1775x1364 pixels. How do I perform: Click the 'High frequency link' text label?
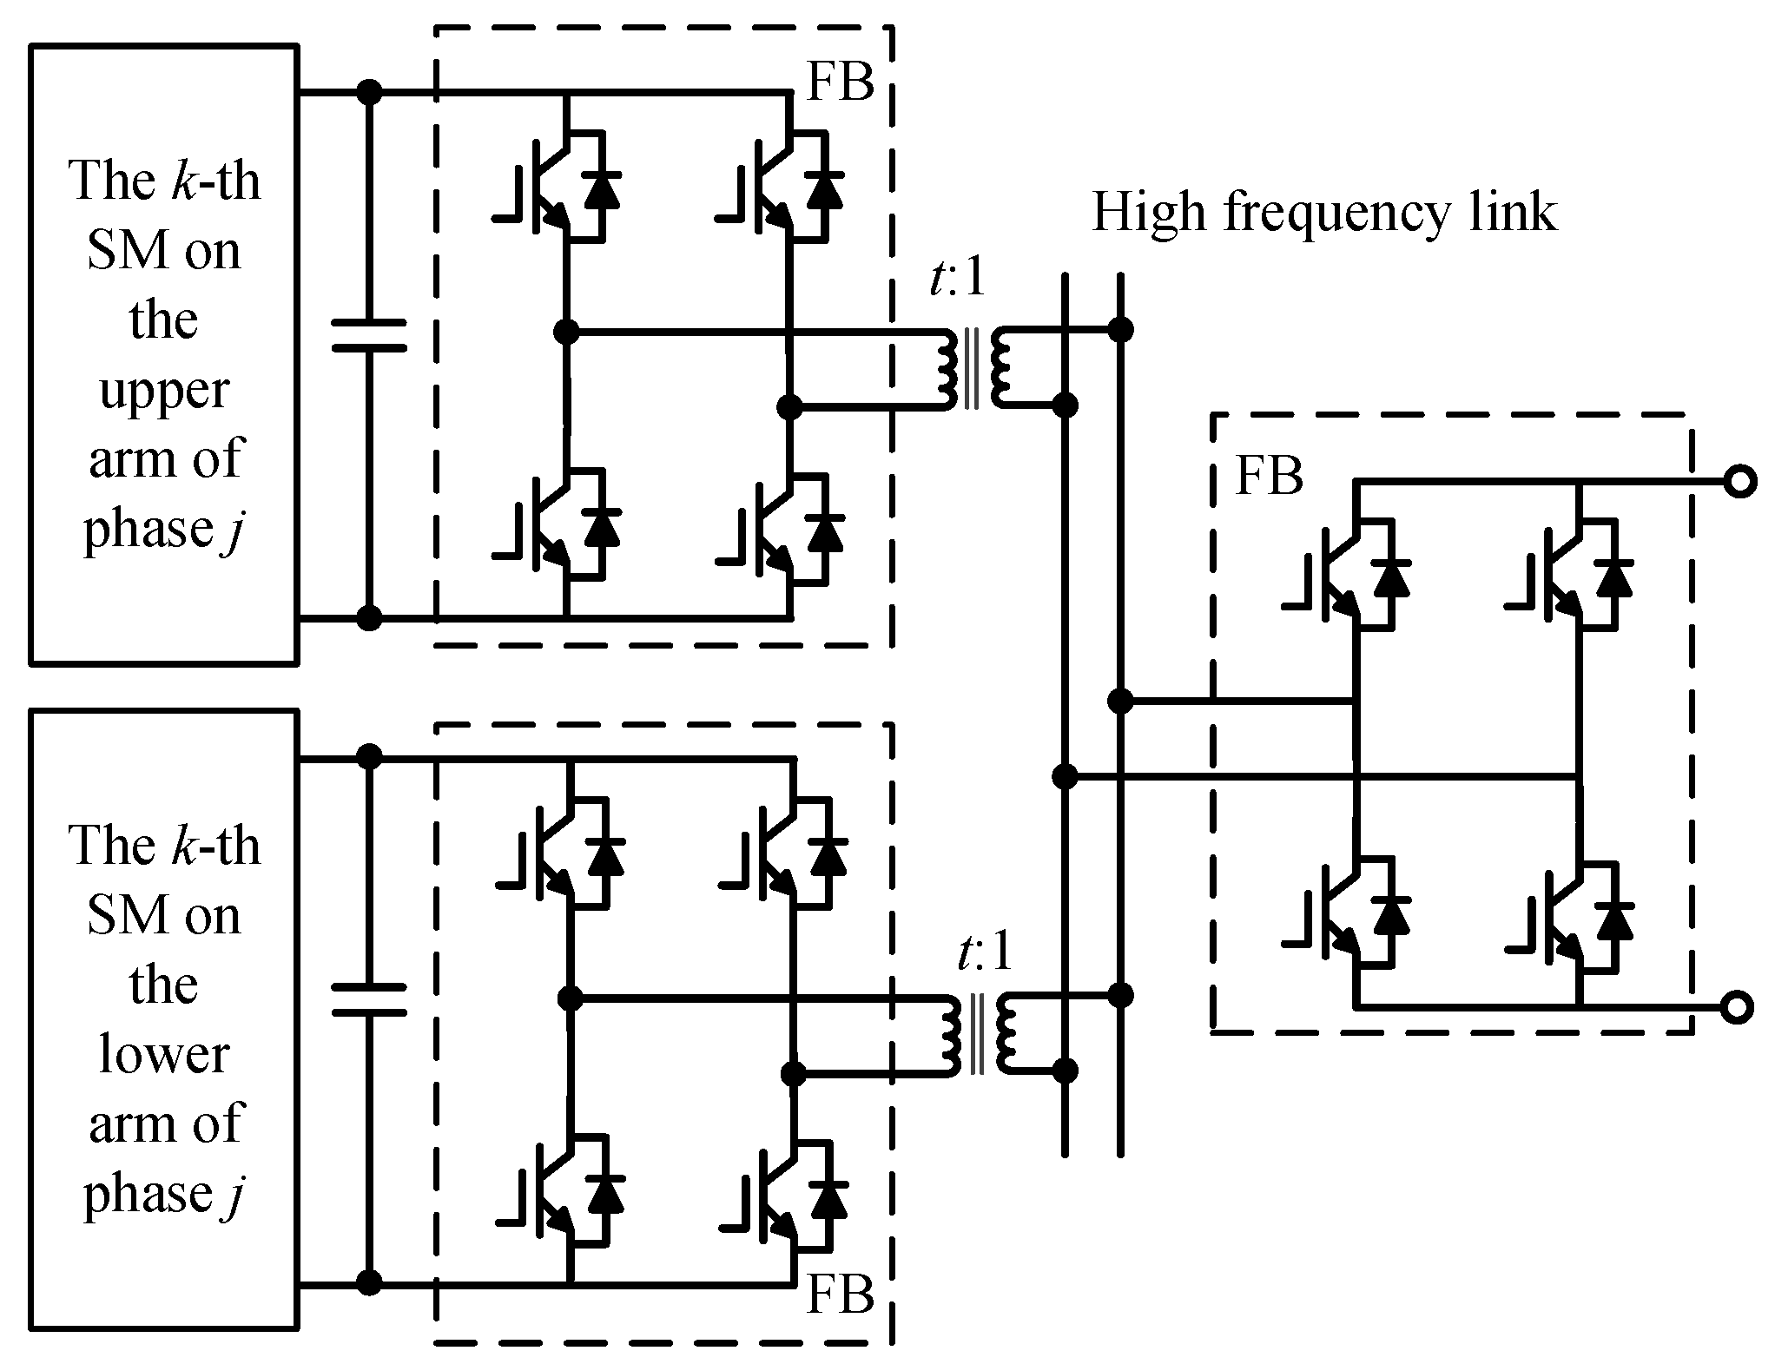1323,214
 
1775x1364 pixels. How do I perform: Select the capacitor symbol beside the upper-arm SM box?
370,336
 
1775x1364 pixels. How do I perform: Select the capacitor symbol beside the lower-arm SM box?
370,1000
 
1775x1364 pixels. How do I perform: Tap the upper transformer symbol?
973,368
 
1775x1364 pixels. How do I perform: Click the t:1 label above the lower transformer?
983,953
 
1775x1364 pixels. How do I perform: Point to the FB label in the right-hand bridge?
1269,477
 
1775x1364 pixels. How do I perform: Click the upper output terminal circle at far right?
1739,482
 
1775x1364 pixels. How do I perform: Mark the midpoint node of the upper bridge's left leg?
566,331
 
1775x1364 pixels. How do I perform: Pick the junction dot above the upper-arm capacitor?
370,91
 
